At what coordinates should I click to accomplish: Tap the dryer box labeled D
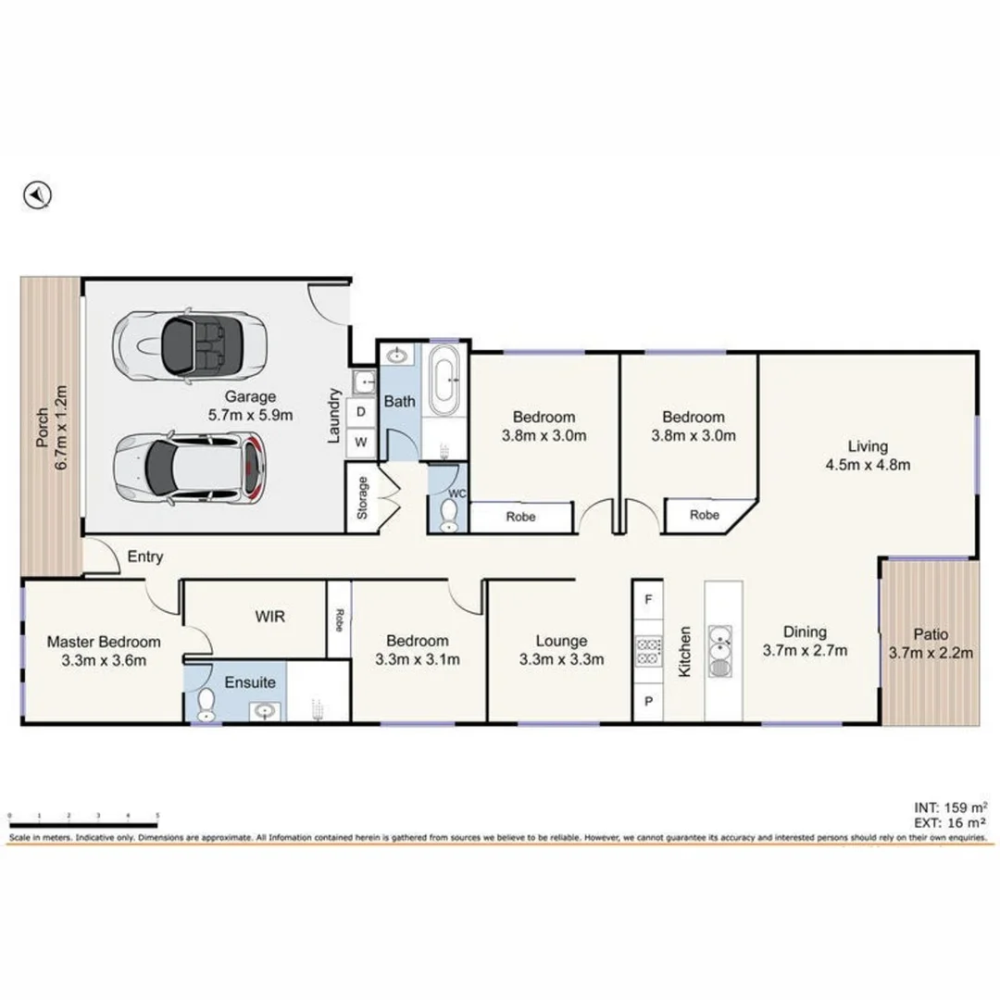click(361, 411)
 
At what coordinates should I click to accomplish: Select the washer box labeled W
click(361, 443)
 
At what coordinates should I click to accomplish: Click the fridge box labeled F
click(648, 600)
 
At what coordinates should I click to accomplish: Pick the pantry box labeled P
click(648, 701)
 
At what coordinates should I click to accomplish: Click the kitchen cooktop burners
click(648, 650)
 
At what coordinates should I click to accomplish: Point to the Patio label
click(931, 634)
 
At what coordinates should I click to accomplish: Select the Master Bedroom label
click(104, 642)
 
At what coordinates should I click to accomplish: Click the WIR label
click(269, 616)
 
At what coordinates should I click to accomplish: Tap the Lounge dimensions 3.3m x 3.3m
click(561, 659)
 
